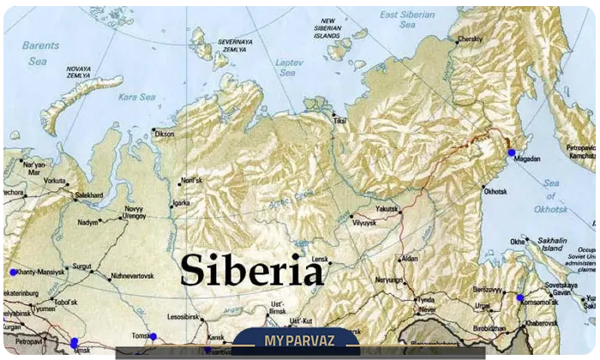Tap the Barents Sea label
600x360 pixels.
(39, 53)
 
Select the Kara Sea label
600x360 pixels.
(136, 97)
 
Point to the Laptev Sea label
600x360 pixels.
(290, 69)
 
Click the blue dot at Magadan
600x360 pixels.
(512, 153)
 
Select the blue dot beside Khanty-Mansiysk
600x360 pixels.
(13, 272)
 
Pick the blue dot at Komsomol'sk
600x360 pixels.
(519, 297)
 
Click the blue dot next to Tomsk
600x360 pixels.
(153, 336)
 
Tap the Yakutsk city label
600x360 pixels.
(388, 208)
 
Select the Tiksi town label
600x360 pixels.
(340, 121)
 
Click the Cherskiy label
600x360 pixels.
(470, 39)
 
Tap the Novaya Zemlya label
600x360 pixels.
(78, 72)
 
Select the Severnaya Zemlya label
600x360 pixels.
(235, 45)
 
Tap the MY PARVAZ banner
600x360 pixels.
(296, 339)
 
